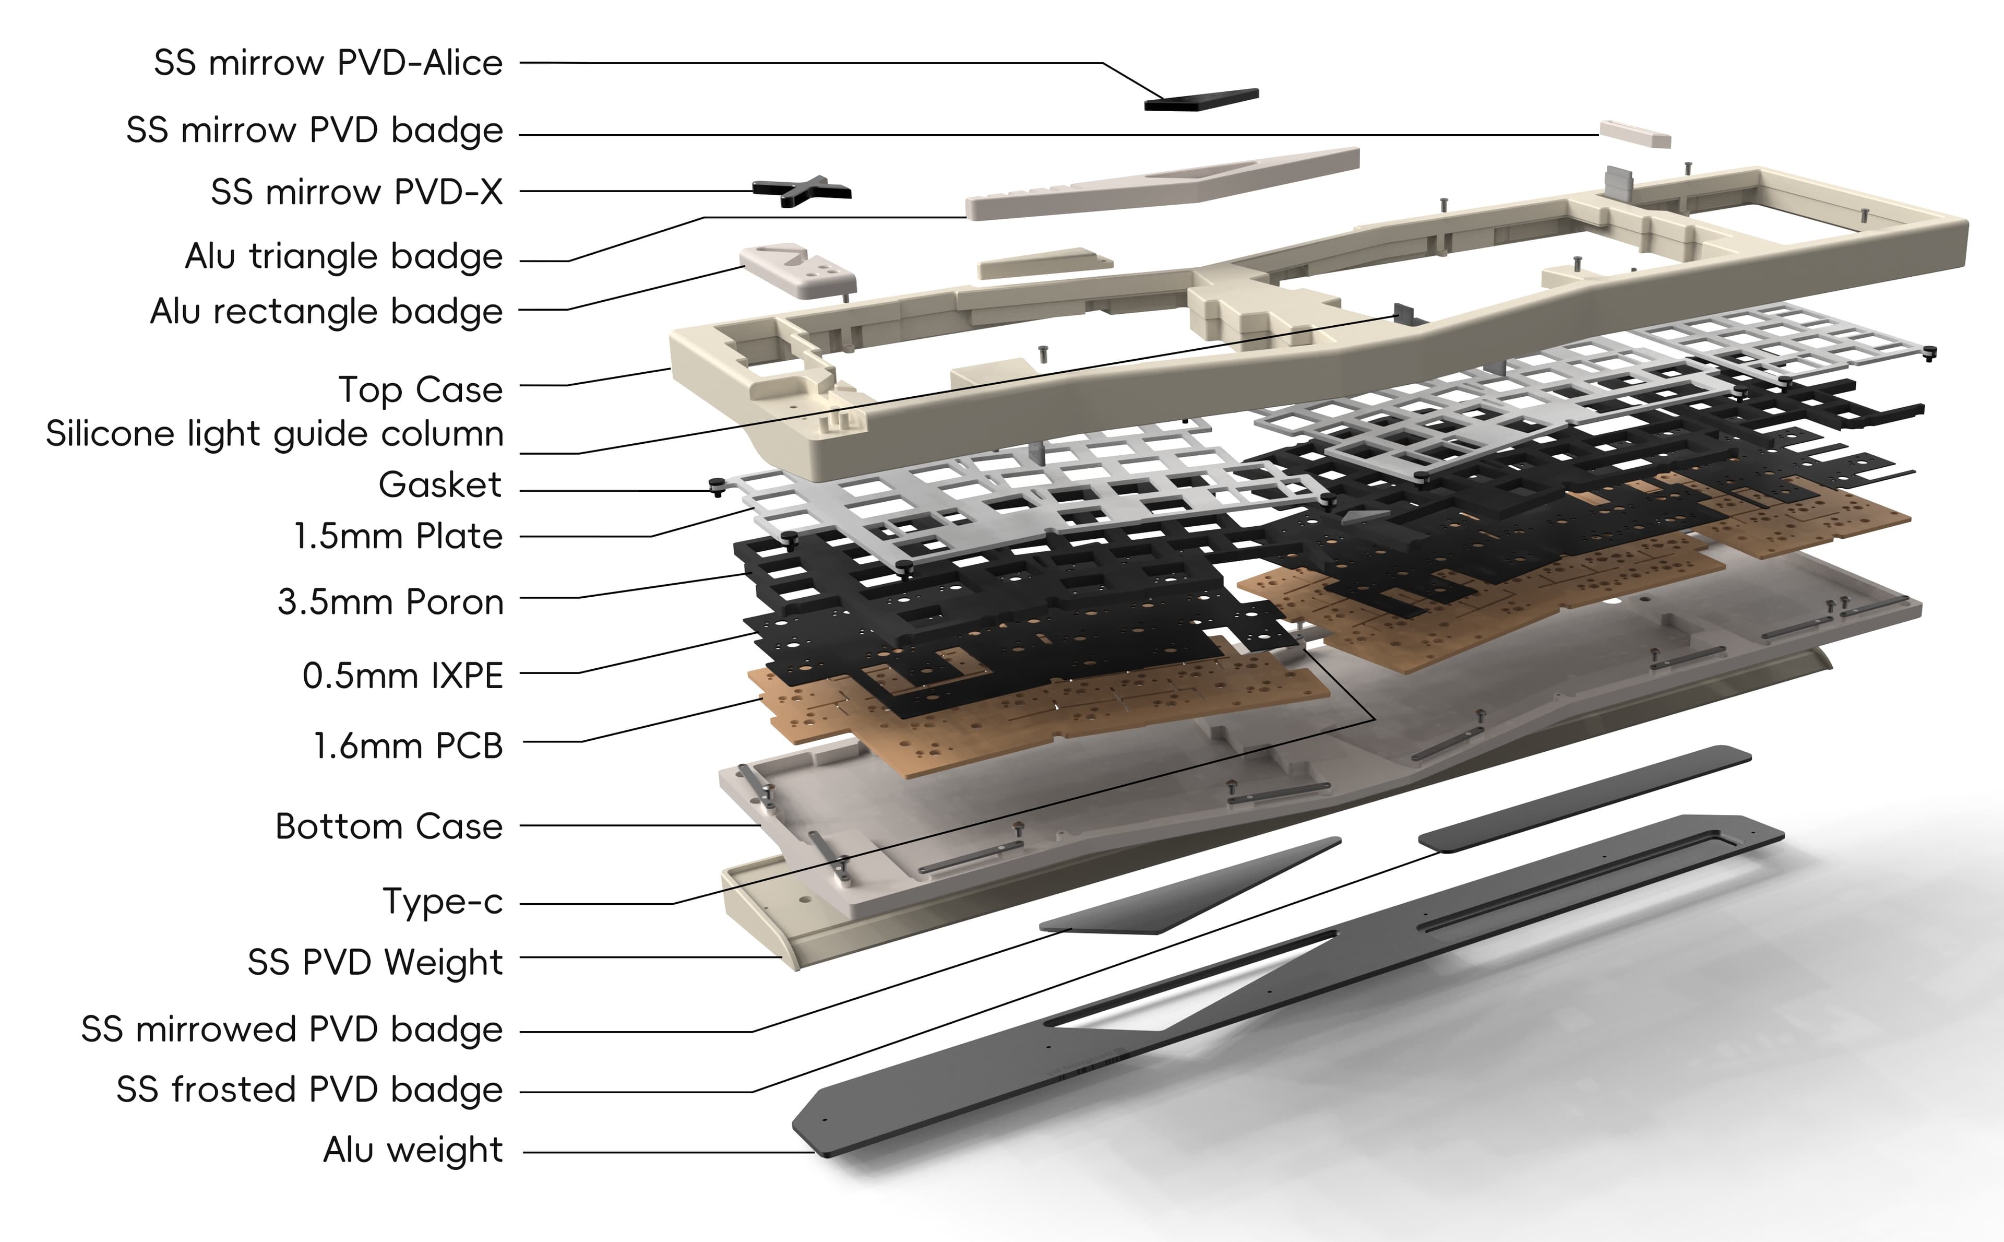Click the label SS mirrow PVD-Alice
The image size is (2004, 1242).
[328, 63]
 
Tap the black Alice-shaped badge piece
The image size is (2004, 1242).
[1201, 99]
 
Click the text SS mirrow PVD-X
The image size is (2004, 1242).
[356, 192]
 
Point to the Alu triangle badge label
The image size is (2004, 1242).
[343, 256]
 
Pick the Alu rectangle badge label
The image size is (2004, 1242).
[326, 311]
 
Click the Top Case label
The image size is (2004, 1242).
[420, 389]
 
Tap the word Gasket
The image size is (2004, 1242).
[440, 484]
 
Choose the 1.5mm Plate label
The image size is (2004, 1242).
[398, 536]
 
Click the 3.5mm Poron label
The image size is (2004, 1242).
[390, 602]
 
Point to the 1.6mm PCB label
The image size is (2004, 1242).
[408, 746]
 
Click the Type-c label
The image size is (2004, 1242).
[443, 902]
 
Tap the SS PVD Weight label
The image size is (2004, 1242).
[374, 962]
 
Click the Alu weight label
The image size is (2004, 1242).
[413, 1150]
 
